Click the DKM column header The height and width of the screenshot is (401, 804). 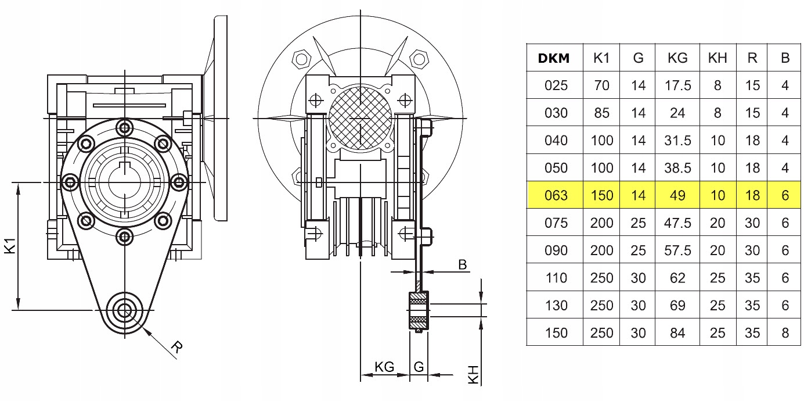click(554, 58)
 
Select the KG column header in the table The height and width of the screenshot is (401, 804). click(677, 58)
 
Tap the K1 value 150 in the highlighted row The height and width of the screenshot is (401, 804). click(601, 195)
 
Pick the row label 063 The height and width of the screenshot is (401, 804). click(556, 195)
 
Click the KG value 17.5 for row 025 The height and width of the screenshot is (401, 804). click(677, 85)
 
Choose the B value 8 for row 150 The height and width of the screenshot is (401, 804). click(785, 333)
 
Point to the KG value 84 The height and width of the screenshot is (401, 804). click(677, 333)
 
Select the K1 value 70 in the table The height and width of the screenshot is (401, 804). click(601, 85)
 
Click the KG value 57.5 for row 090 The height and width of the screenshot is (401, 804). click(677, 250)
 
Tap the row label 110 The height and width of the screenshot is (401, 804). click(556, 278)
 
